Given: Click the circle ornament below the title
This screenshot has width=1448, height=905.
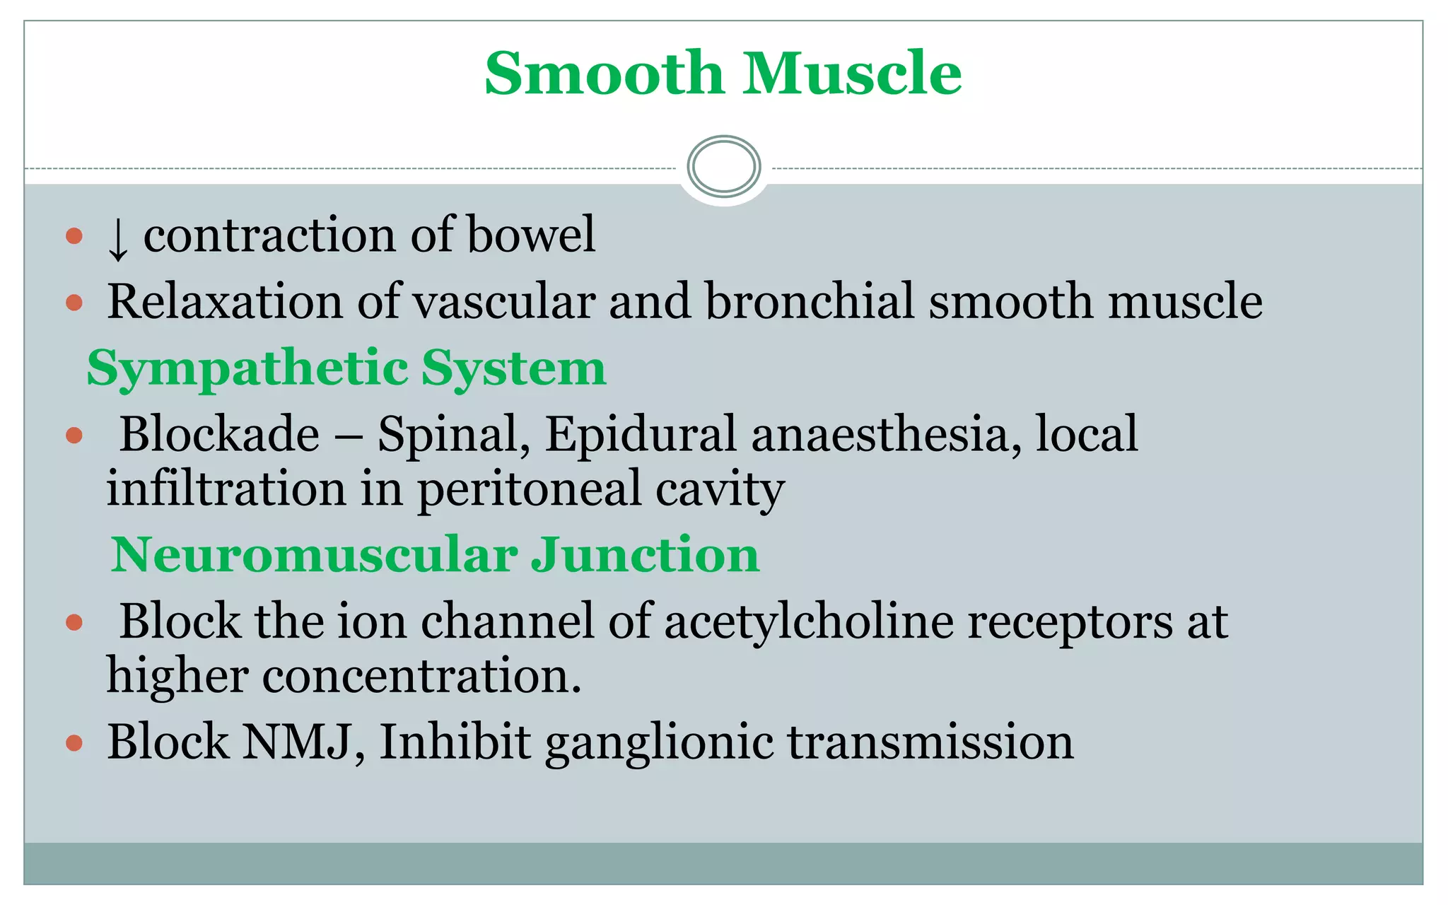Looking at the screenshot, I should coord(723,167).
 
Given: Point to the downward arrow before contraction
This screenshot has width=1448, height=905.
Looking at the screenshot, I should coord(118,238).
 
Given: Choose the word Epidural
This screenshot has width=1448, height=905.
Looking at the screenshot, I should coord(640,434).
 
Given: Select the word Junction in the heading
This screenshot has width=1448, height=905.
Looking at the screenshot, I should coord(645,554).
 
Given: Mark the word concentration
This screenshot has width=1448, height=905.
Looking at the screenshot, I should coord(422,676).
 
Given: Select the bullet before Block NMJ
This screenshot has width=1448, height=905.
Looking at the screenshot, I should coord(74,743).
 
